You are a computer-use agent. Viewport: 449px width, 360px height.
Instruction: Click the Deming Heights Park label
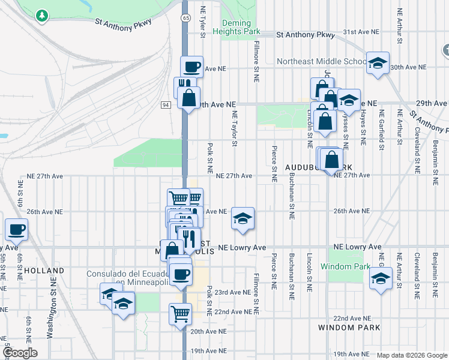click(240, 27)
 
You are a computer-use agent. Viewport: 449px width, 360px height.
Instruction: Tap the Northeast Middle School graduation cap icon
click(378, 63)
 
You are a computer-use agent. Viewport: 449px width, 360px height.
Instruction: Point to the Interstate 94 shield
click(166, 105)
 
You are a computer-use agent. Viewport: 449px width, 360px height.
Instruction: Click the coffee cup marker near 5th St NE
click(16, 229)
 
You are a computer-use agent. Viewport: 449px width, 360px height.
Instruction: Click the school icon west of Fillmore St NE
click(243, 219)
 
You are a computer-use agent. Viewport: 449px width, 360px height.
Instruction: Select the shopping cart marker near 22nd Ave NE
click(180, 313)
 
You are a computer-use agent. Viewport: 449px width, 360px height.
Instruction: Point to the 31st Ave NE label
click(361, 31)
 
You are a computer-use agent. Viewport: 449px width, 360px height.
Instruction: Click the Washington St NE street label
click(52, 312)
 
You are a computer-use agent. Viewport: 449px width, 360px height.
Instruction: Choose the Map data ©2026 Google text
click(412, 355)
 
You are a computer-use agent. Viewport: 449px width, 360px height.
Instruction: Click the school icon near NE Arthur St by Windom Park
click(380, 279)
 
